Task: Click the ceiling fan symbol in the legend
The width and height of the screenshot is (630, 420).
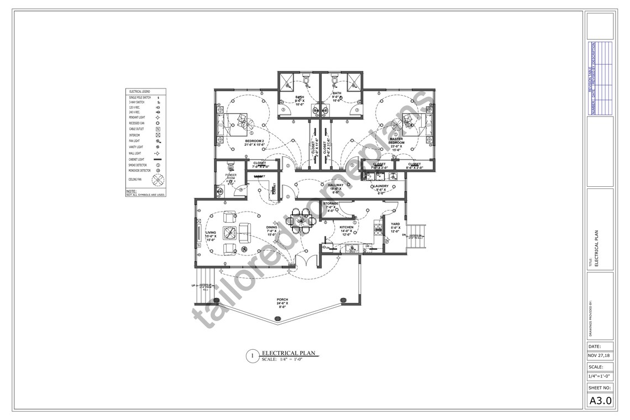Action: click(158, 180)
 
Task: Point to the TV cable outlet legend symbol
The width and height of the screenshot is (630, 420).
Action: click(158, 129)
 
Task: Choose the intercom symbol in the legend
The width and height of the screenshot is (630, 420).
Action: click(158, 135)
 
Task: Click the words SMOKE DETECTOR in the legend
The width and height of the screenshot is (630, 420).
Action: click(138, 165)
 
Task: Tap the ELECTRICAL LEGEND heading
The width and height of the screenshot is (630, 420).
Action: click(139, 91)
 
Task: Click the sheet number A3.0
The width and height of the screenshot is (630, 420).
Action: click(600, 401)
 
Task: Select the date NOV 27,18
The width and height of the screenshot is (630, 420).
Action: click(600, 355)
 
